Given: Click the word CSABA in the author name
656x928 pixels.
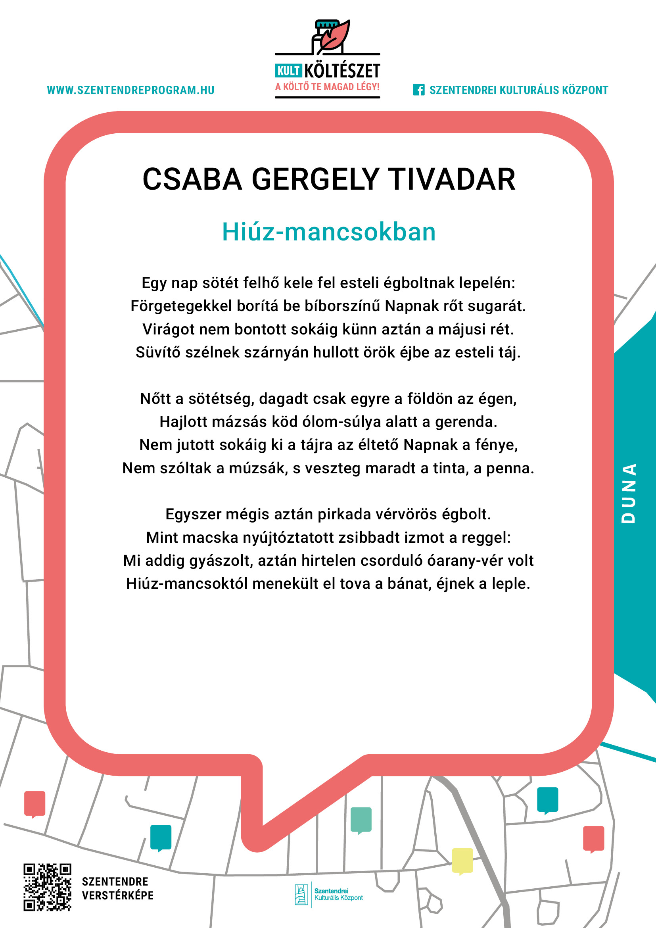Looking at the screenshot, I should coord(192,179).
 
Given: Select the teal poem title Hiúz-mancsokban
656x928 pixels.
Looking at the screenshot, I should coord(329,232).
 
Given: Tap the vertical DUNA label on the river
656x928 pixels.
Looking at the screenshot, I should coord(629,493).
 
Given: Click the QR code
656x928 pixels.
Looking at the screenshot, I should coord(47,888).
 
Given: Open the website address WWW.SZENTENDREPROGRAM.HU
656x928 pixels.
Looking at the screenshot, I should coord(130,90).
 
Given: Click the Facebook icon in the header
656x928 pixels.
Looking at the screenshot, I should coord(418,90).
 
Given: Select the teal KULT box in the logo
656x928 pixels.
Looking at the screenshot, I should coord(288,71).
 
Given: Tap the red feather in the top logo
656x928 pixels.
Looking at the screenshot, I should coord(336,36).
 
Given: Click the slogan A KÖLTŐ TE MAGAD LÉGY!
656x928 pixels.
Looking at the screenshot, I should coord(327,87).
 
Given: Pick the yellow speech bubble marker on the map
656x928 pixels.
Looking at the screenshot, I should coord(462,861).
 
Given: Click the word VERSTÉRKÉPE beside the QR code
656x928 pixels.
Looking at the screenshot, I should coord(117,896).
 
